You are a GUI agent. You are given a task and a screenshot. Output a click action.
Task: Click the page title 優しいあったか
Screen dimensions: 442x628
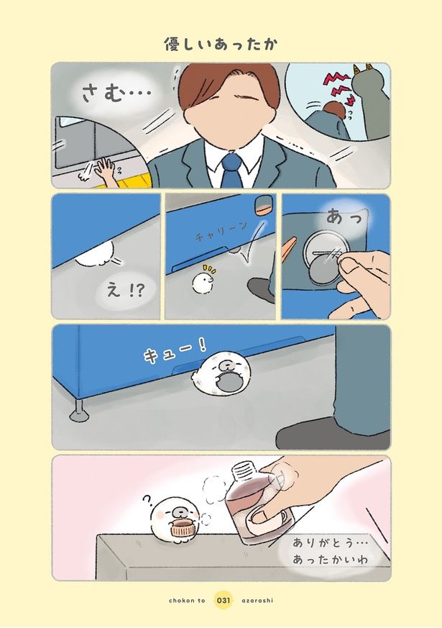pos(221,45)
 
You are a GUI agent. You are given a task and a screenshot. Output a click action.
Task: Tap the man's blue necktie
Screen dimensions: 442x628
pos(231,170)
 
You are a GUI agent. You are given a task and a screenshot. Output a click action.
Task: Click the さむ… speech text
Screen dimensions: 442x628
pos(116,94)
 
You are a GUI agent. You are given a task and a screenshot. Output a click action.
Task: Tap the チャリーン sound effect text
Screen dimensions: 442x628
pos(221,232)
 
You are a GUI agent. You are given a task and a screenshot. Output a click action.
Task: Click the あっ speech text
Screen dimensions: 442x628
pos(344,217)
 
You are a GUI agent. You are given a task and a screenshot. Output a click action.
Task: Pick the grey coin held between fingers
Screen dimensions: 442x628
pos(323,271)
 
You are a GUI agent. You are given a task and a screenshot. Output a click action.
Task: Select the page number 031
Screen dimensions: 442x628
pos(224,601)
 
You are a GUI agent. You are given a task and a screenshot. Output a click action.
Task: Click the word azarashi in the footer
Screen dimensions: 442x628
pos(258,601)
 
